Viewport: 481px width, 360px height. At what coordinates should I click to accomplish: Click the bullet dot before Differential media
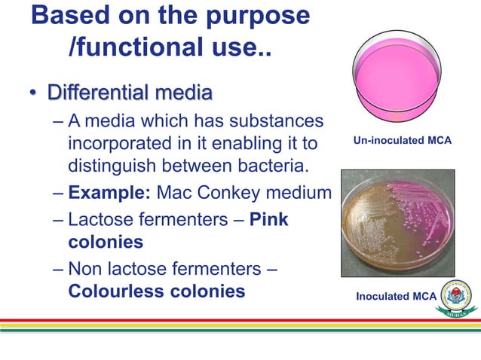click(33, 96)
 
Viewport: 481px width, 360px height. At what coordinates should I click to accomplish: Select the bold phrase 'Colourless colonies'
click(156, 291)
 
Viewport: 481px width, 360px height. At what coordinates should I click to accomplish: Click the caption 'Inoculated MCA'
click(397, 296)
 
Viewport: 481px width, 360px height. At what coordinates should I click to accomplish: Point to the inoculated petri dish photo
click(397, 223)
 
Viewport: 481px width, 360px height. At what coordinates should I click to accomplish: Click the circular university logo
click(457, 297)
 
